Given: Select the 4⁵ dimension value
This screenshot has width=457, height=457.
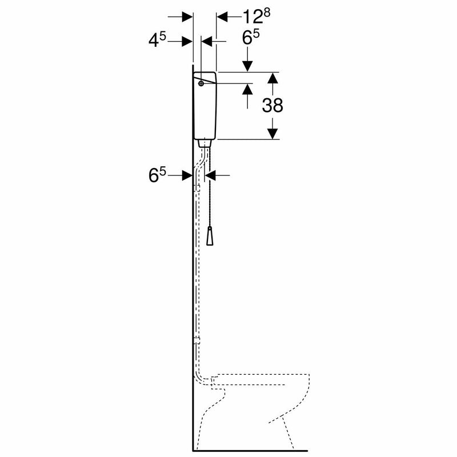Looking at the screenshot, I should [x=157, y=41].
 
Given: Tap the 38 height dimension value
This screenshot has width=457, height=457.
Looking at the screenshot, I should [x=273, y=105].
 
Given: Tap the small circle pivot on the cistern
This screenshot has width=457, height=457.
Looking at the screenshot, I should [x=201, y=84].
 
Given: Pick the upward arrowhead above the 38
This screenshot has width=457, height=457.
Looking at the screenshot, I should [x=273, y=78].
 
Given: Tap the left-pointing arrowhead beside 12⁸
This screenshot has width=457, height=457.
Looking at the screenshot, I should [x=222, y=17].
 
